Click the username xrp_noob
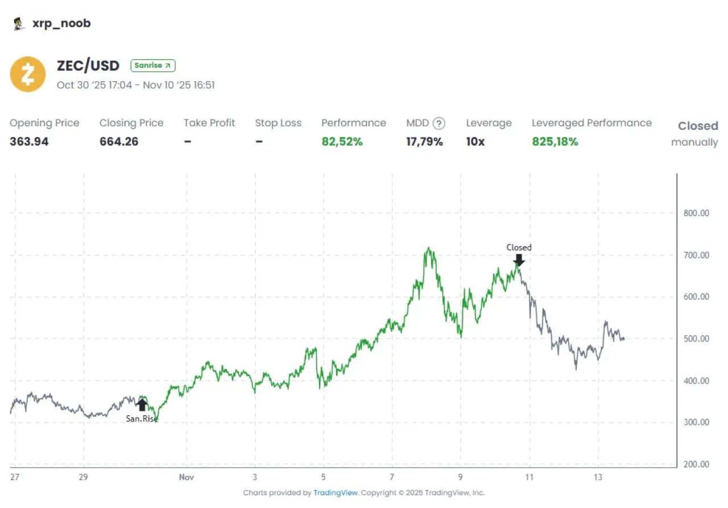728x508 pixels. pos(61,23)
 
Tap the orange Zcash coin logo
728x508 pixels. pos(28,74)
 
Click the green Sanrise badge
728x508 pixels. pos(153,65)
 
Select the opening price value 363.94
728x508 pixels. pos(29,142)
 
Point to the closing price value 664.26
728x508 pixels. pos(119,142)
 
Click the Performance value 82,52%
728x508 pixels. pos(342,142)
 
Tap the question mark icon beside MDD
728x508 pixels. pos(439,123)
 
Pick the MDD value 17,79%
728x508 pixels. pos(424,142)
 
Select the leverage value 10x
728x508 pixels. pos(475,142)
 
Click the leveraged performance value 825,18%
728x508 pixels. pos(555,142)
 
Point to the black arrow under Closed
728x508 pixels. pos(519,260)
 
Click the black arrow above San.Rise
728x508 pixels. pos(142,404)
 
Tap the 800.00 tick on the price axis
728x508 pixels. pos(696,213)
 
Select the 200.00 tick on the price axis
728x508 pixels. pos(696,464)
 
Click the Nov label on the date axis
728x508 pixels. pos(186,477)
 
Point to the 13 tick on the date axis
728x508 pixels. pos(598,477)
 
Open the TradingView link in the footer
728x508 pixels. pos(336,493)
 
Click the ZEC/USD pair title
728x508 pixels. pos(88,65)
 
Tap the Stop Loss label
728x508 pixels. pos(278,123)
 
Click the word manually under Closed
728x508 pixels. pos(694,142)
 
